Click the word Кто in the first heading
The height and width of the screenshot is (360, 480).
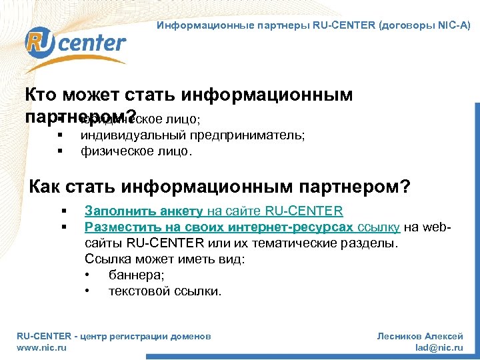point(42,95)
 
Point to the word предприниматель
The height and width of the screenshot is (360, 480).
point(249,135)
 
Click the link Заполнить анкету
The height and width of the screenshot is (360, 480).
point(143,211)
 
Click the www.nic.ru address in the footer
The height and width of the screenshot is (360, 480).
point(41,347)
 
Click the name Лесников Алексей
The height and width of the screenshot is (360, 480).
point(420,337)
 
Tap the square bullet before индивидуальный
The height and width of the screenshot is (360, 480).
point(60,135)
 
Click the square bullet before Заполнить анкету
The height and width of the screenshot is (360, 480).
point(63,212)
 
